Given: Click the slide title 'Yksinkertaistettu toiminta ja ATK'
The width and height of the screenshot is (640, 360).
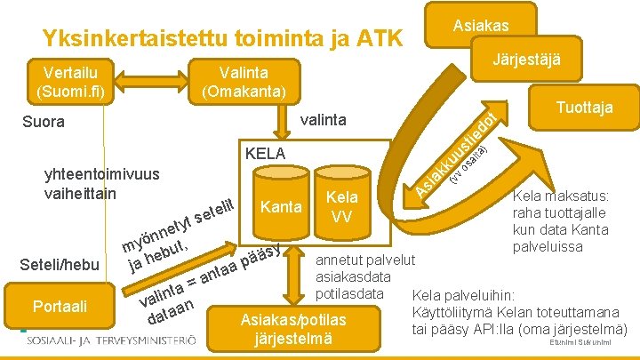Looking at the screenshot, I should click(x=222, y=38).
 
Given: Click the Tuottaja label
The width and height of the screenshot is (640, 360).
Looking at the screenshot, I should click(x=583, y=107).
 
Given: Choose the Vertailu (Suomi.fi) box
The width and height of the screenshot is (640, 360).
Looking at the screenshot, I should click(x=69, y=80).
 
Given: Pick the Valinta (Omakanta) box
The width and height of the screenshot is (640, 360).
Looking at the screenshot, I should click(x=244, y=81).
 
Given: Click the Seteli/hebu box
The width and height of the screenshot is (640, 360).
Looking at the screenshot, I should click(x=59, y=264).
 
